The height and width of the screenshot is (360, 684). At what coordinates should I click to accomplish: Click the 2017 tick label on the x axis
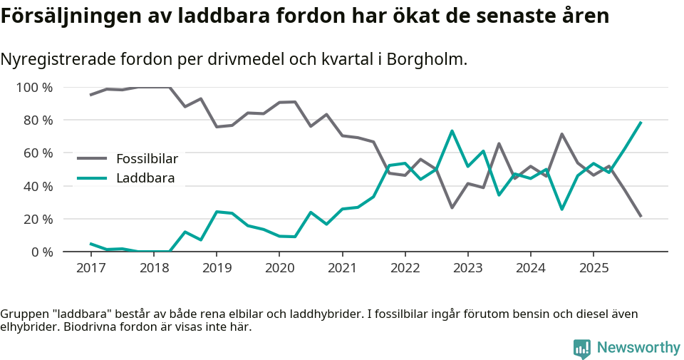(90, 268)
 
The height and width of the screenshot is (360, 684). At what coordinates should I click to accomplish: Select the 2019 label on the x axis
(216, 268)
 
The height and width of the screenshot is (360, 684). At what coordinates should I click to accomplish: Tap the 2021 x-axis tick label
(342, 268)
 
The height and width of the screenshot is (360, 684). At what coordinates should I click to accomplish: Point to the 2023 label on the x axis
(467, 268)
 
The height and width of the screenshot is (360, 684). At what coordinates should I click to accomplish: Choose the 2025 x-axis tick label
(594, 268)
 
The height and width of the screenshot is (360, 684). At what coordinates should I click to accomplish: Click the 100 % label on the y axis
(34, 88)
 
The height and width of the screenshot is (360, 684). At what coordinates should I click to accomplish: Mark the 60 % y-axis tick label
(38, 153)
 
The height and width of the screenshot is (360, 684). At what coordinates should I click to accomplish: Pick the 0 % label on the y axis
(41, 252)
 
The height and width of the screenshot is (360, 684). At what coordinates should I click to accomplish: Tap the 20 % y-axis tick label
(38, 219)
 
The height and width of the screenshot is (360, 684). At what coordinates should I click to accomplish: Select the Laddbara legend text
(145, 178)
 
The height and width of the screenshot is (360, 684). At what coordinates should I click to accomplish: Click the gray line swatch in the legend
(92, 158)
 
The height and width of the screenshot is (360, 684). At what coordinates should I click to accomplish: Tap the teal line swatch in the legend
(92, 178)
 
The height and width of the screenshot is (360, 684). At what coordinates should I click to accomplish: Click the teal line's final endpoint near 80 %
(641, 123)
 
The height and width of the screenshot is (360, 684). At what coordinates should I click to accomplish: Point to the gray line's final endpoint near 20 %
(641, 216)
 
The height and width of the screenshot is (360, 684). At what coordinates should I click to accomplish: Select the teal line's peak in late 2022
(452, 131)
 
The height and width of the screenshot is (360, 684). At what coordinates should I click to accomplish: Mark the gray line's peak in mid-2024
(562, 134)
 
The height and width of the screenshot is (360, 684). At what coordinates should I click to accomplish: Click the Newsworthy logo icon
(582, 348)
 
